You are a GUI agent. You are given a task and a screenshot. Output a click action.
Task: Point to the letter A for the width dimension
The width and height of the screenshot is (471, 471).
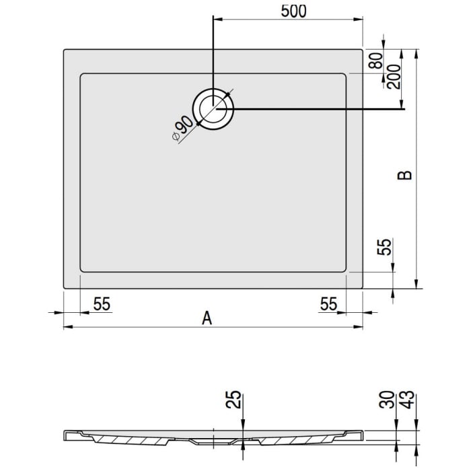coord(207,318)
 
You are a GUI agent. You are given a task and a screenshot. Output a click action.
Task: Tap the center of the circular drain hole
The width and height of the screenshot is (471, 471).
coord(214,108)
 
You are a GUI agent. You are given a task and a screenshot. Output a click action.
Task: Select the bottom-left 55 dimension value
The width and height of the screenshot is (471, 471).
coord(102,304)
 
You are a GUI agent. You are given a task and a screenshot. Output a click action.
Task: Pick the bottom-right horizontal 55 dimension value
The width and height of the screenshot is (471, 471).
coord(328,304)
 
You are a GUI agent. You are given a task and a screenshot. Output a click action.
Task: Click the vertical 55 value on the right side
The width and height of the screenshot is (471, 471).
coord(384,247)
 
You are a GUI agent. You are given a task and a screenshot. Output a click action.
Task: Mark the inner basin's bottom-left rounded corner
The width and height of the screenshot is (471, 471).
coord(83,270)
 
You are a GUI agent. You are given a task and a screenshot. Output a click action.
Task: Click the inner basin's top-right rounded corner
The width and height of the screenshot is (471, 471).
coord(344,76)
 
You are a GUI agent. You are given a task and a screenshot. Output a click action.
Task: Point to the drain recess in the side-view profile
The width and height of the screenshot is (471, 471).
coord(214,443)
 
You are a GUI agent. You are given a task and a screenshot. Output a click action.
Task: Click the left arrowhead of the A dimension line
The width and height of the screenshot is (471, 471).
coord(66,328)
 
